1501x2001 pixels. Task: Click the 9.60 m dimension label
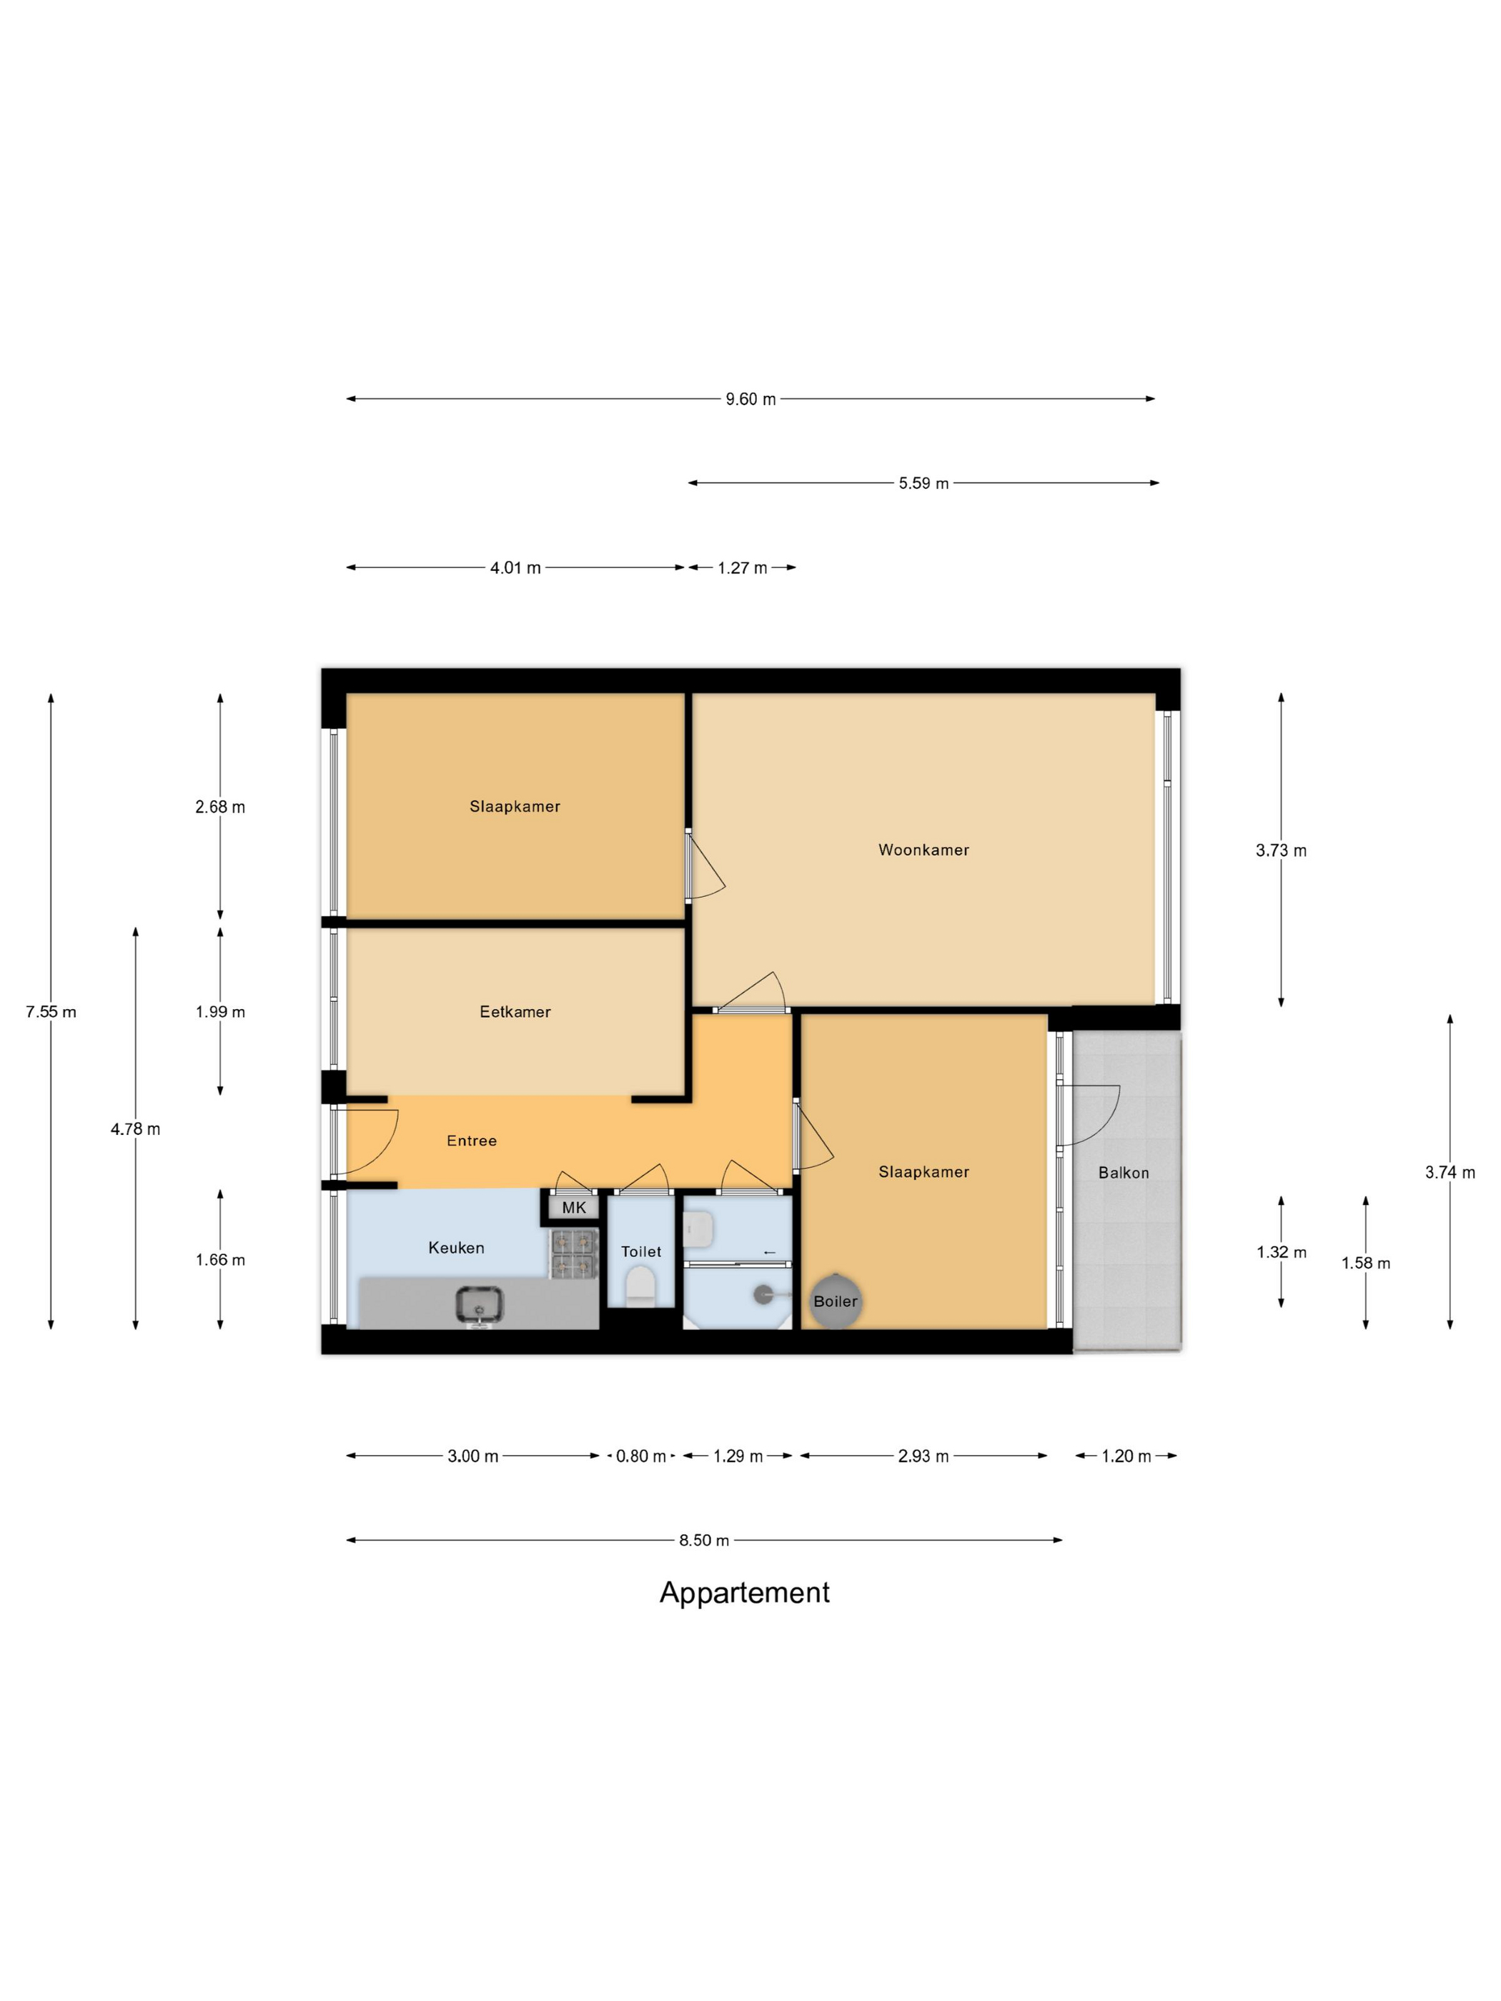pos(750,399)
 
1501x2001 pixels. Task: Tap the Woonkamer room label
pos(923,850)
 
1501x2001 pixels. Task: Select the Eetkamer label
pos(515,1011)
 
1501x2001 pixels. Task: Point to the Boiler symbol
pos(835,1301)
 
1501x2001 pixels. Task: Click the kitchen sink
pos(480,1304)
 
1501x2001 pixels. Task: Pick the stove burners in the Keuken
pos(575,1253)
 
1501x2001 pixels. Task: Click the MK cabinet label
pos(574,1208)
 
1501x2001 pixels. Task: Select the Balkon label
pos(1124,1173)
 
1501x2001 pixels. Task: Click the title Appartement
pos(745,1592)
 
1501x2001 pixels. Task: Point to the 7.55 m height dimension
pos(51,1011)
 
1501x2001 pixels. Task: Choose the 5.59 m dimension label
pos(923,483)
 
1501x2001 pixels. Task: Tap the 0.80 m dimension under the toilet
pos(640,1456)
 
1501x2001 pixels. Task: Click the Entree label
pos(471,1141)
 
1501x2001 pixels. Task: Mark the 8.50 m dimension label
pos(704,1539)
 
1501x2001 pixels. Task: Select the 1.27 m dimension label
pos(742,568)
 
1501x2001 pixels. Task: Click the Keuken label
pos(456,1248)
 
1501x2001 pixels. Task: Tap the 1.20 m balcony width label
pos(1126,1456)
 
